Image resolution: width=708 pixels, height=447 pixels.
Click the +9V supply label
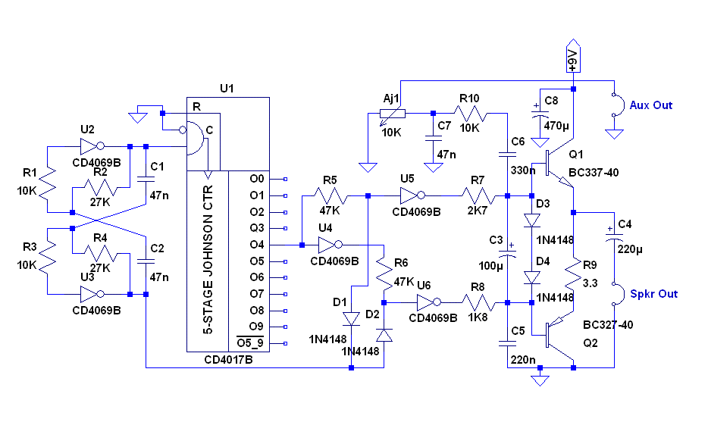[573, 56]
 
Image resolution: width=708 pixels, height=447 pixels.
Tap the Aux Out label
[650, 105]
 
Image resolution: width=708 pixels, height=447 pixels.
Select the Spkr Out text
[653, 294]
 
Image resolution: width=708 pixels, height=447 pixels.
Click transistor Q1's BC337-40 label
[594, 173]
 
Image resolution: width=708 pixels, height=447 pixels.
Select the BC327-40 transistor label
[608, 325]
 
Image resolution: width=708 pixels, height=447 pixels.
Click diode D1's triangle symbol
[351, 318]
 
